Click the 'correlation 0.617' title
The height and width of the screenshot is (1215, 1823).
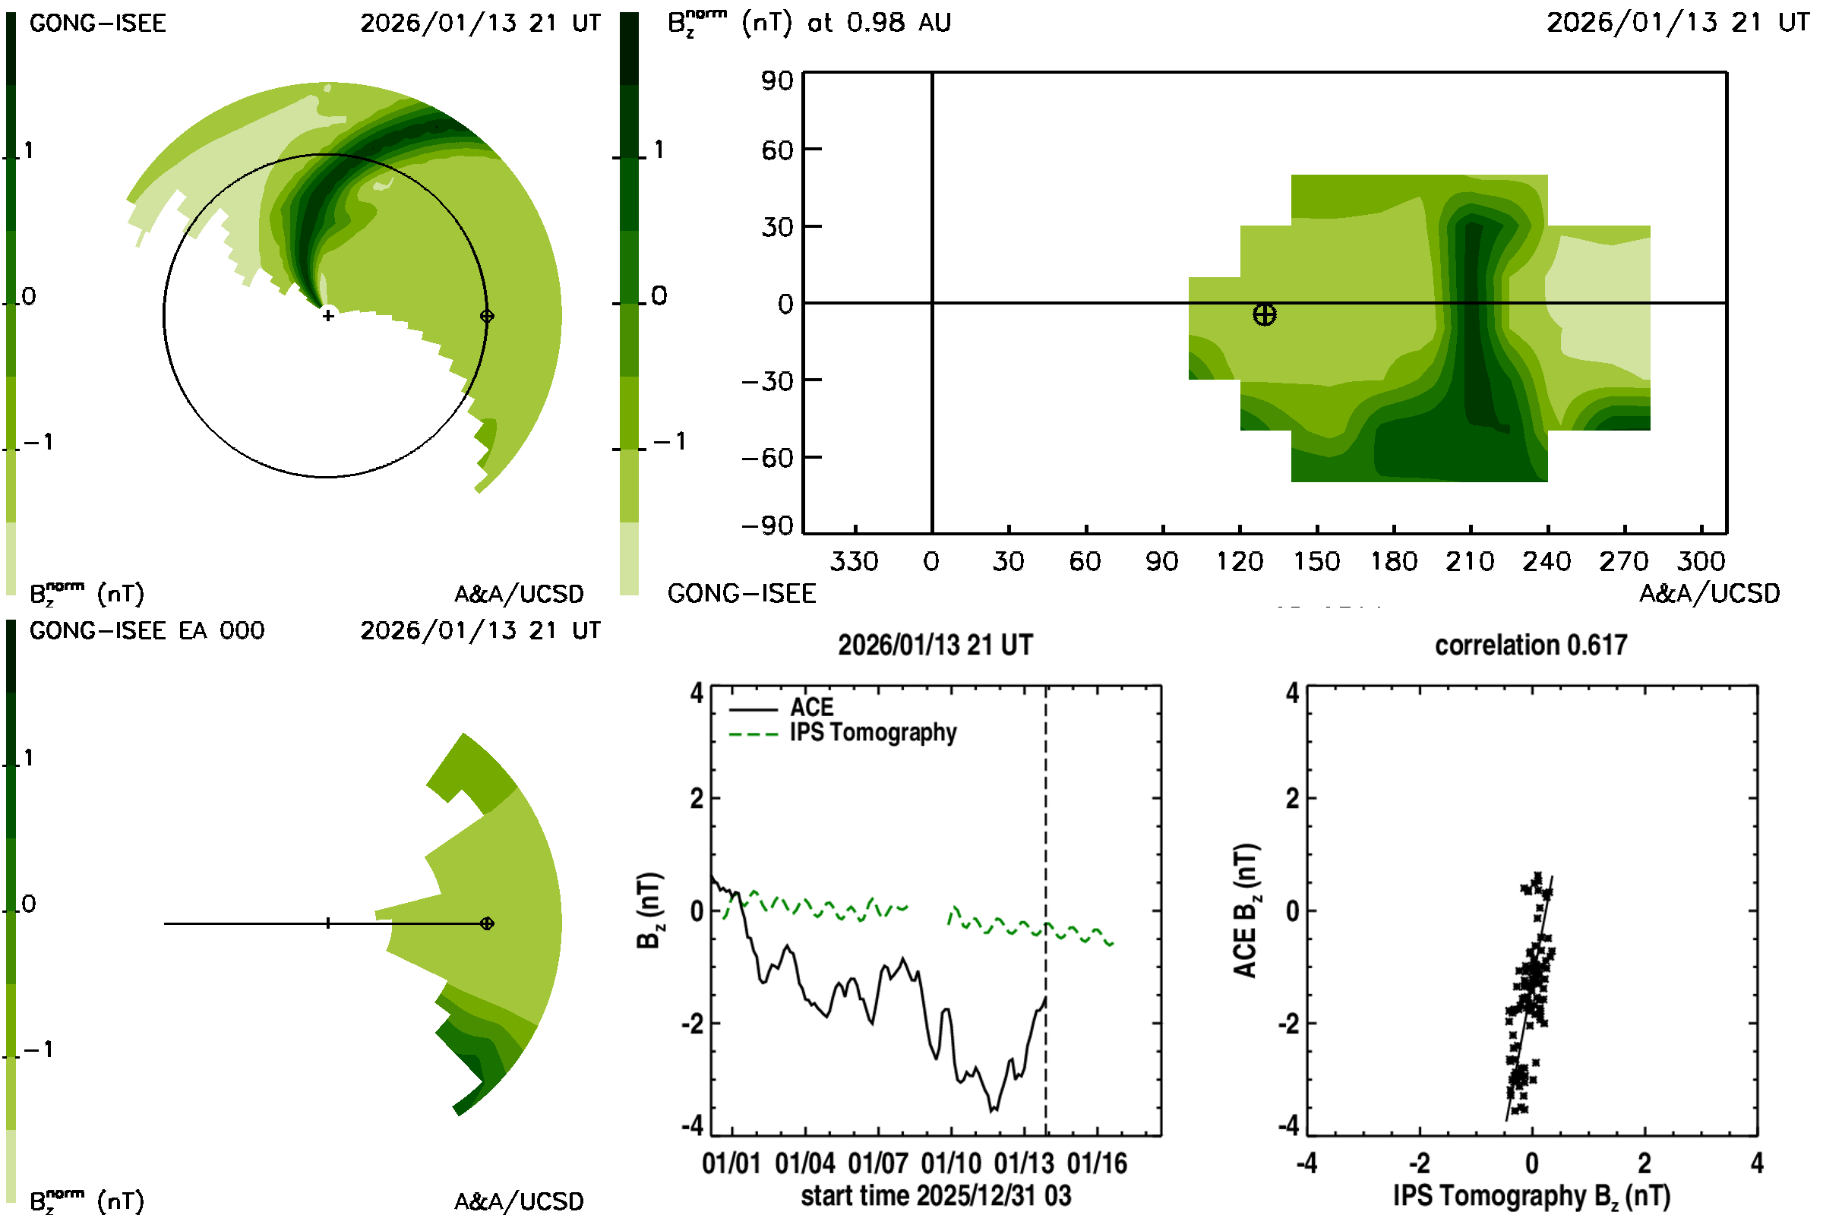(x=1530, y=645)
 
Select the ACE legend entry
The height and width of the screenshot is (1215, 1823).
(x=810, y=708)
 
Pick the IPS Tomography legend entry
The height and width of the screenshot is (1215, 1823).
(x=873, y=733)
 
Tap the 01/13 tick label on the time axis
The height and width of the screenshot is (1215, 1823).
(x=1024, y=1164)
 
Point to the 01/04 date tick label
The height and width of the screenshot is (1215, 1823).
(x=805, y=1164)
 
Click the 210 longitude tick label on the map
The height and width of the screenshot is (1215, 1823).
(x=1470, y=561)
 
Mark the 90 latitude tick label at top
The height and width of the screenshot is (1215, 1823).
(x=776, y=80)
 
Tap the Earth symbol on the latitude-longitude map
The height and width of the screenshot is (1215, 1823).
(x=1264, y=314)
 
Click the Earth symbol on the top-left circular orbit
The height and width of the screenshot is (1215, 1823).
(x=487, y=316)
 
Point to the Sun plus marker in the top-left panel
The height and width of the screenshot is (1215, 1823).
(x=328, y=316)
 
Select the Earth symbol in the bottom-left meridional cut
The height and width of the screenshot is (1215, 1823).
(x=487, y=923)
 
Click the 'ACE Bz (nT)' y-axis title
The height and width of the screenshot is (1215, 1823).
(x=1246, y=911)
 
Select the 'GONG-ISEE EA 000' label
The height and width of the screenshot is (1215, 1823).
(x=147, y=631)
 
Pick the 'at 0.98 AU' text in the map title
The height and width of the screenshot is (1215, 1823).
(x=879, y=24)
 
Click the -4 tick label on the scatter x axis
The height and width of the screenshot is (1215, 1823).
(x=1306, y=1164)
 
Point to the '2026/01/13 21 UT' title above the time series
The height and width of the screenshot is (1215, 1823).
(x=935, y=645)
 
